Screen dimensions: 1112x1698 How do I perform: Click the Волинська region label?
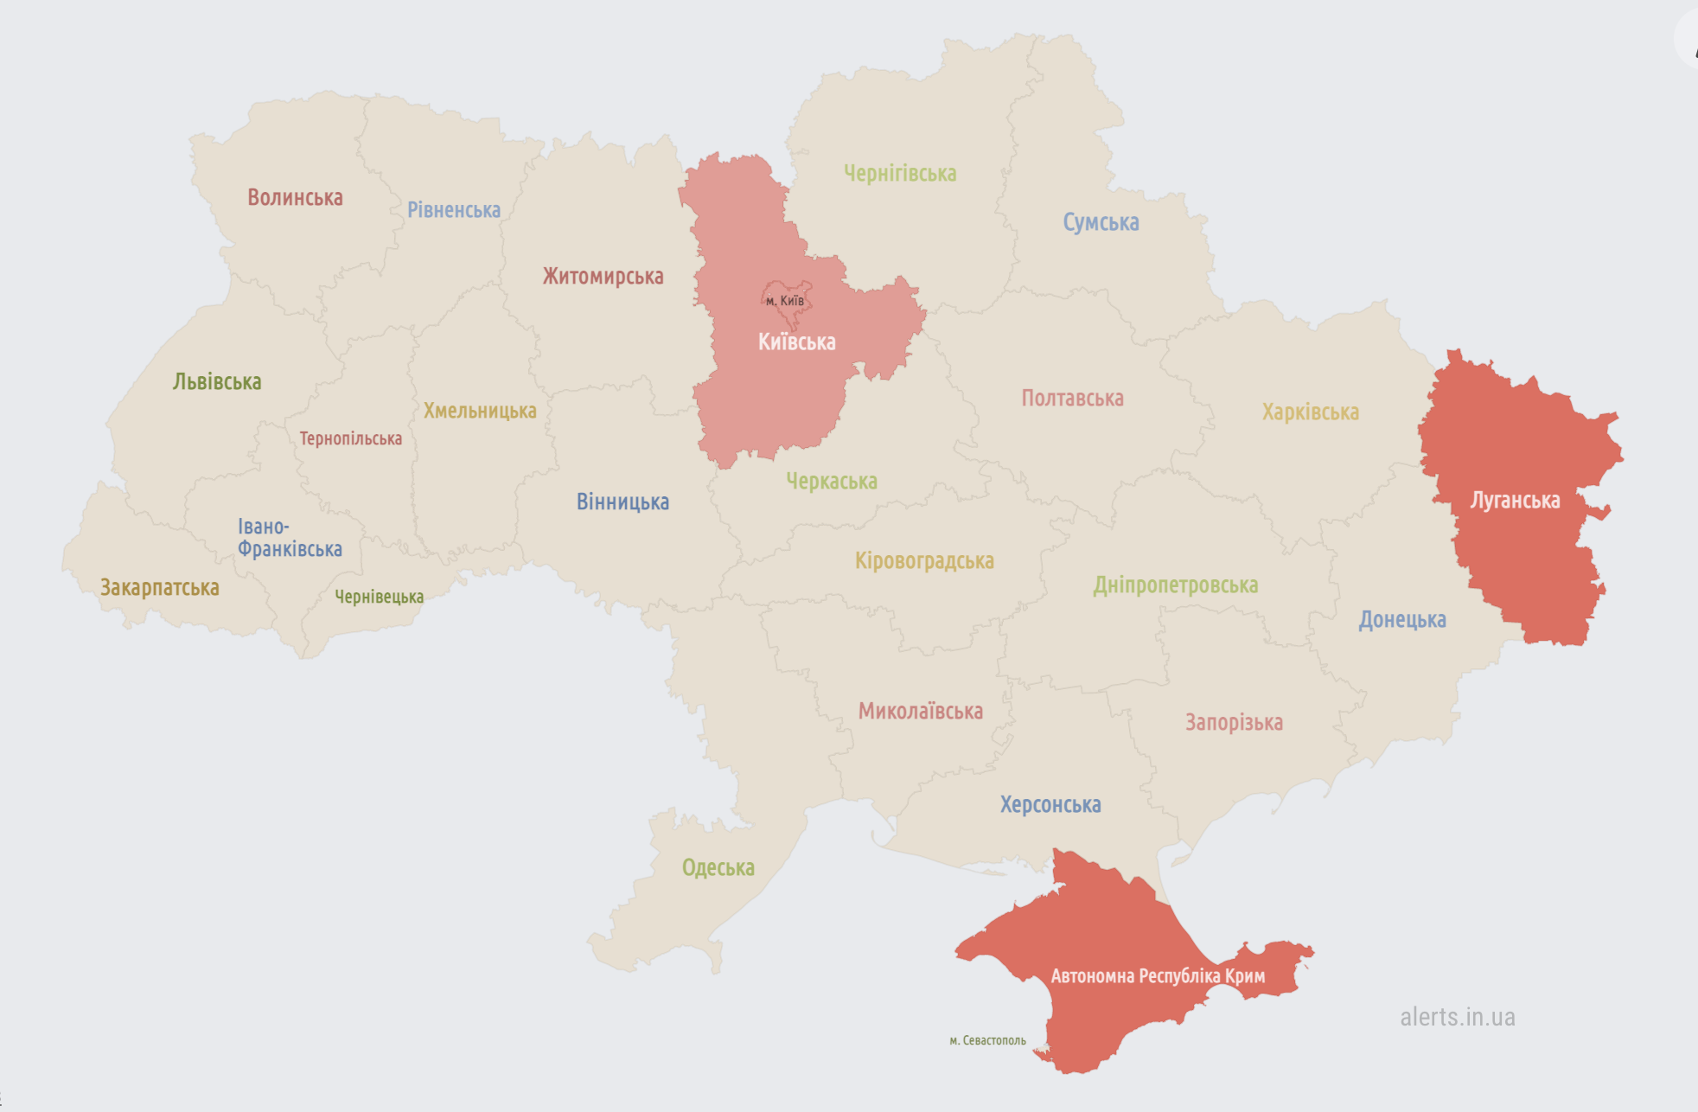(295, 198)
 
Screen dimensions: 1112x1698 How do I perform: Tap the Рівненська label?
(454, 210)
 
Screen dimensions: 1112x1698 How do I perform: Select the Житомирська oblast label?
(603, 277)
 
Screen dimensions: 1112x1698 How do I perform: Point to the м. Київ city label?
(785, 301)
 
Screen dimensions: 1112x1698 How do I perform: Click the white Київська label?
(796, 342)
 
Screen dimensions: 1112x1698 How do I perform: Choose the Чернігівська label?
(900, 174)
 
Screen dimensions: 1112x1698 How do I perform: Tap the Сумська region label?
(1101, 223)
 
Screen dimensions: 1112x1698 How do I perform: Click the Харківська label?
(1310, 412)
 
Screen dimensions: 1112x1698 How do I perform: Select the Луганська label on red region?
(1515, 501)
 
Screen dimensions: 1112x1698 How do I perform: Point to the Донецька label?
(1401, 620)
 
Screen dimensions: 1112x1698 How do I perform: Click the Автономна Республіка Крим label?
(1158, 976)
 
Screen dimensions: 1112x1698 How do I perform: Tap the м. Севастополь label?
(987, 1040)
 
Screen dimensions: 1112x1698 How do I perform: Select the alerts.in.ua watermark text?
(1457, 1018)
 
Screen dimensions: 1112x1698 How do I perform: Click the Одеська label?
(718, 867)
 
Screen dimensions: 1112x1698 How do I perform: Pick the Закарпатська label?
(160, 588)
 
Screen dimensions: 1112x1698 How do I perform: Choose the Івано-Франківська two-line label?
(289, 538)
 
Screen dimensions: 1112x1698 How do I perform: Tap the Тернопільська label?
(350, 439)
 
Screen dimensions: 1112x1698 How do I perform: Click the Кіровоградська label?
(924, 561)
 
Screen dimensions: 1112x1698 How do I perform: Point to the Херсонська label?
(1050, 805)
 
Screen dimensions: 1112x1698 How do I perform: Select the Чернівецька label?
(379, 597)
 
